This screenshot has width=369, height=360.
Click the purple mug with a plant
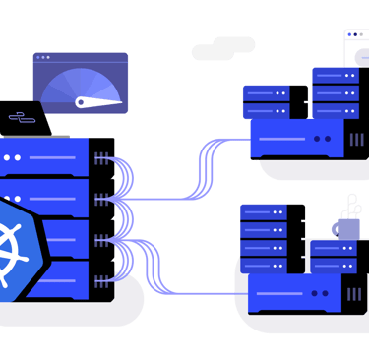[x=346, y=227]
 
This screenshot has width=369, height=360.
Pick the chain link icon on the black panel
[x=22, y=117]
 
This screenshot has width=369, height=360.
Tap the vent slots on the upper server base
[x=354, y=138]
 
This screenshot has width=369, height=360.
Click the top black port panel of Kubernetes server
[x=102, y=151]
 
